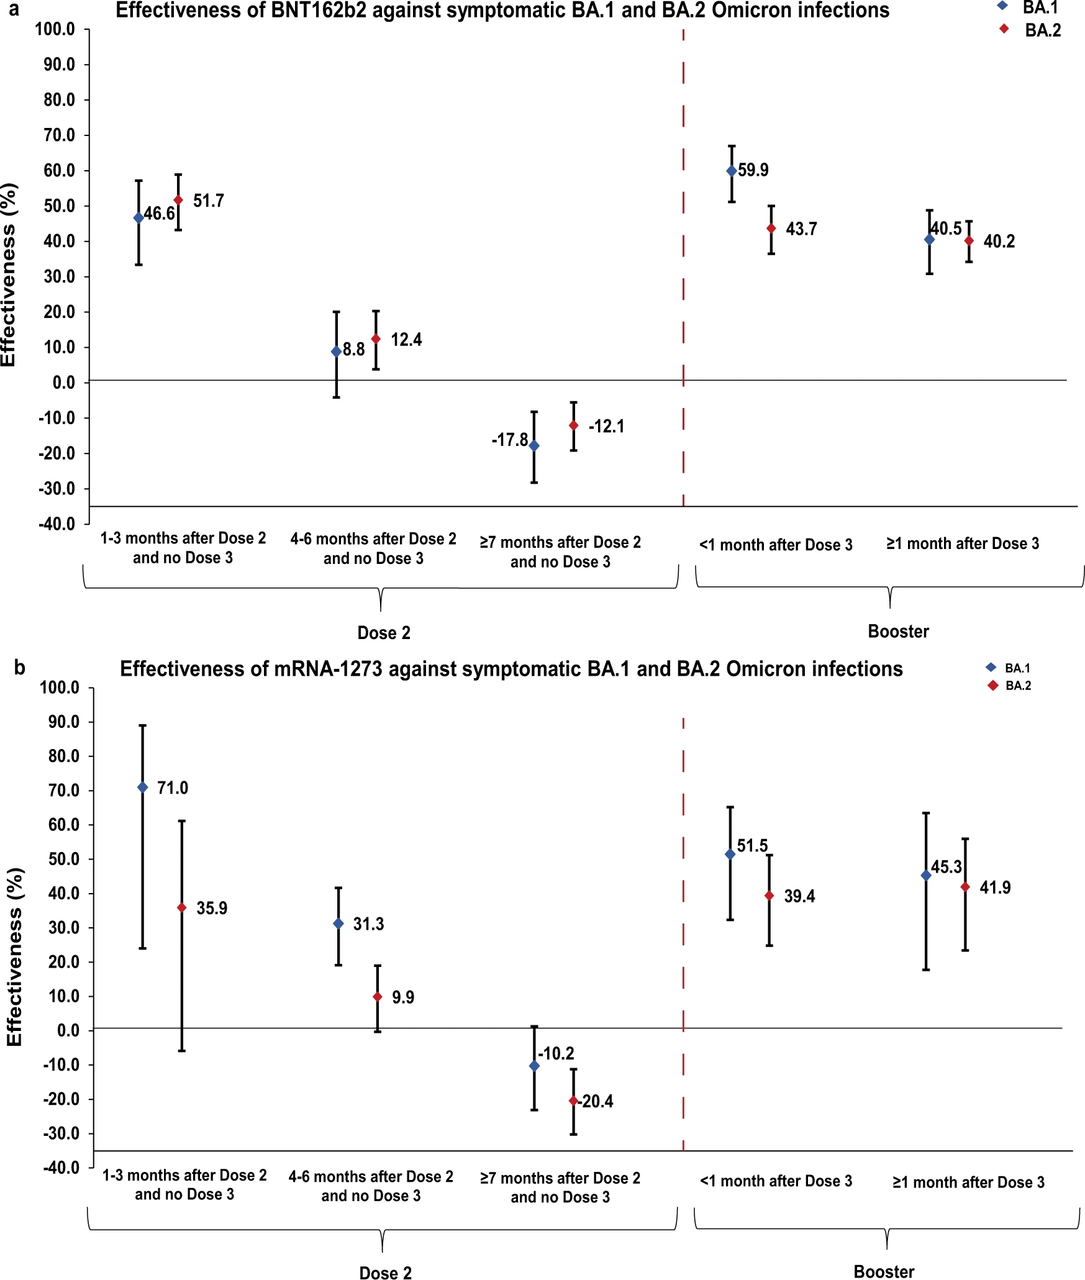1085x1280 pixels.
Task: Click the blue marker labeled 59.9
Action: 732,171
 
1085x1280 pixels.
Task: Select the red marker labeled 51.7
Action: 178,200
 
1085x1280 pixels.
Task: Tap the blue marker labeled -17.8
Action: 534,446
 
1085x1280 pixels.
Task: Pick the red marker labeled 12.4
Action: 376,339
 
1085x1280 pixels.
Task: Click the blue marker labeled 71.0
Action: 142,788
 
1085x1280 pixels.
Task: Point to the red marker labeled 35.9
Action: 181,908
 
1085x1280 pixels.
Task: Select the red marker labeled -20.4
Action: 573,1101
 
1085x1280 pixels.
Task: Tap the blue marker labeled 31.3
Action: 338,924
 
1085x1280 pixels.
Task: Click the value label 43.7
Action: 801,229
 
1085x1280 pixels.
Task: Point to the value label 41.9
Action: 995,887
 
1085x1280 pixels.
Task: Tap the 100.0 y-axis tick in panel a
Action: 55,29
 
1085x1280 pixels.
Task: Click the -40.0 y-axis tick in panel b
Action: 61,1168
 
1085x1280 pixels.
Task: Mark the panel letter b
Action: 20,668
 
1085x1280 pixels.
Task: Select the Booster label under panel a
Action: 898,632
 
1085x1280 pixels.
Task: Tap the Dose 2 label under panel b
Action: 385,1273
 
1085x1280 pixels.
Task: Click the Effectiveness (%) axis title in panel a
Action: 9,275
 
